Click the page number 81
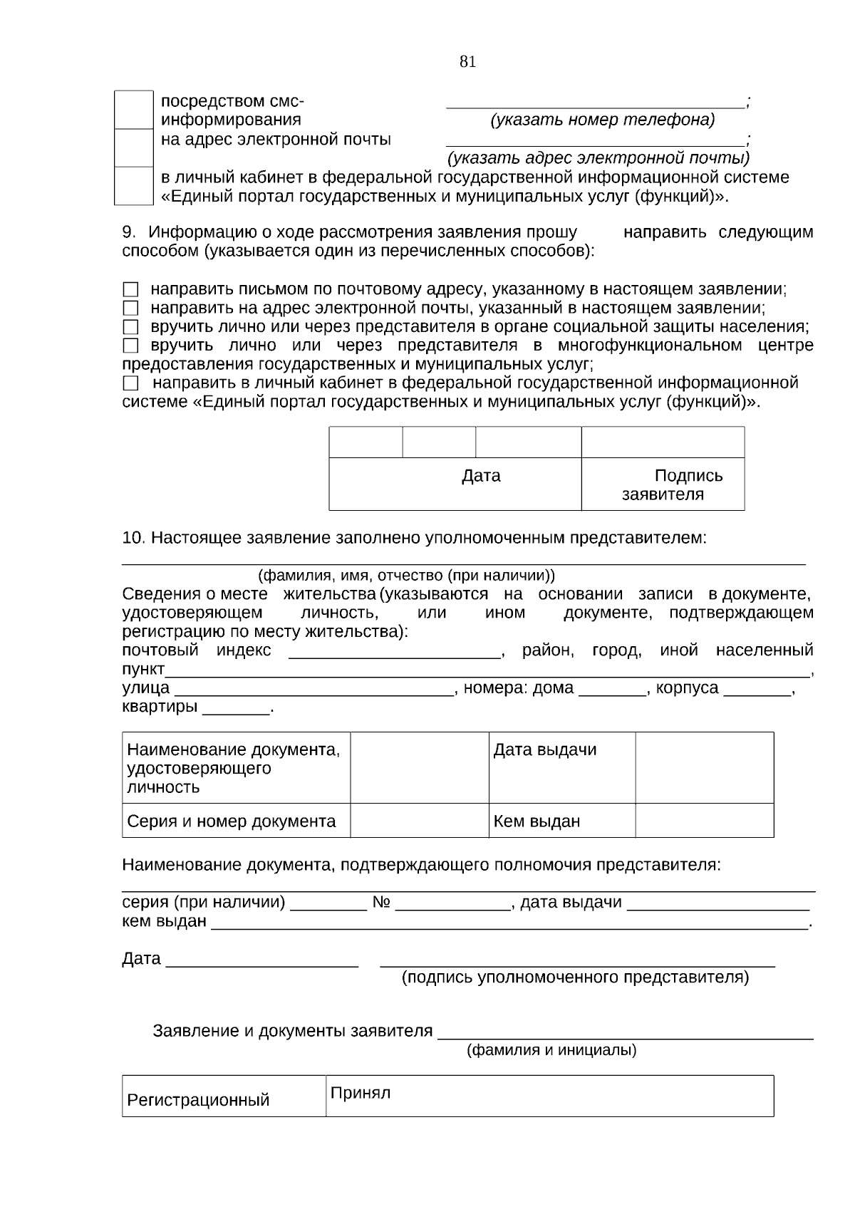coord(467,62)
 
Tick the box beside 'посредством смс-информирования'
coord(134,110)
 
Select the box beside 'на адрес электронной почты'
coord(134,147)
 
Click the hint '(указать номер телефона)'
coord(602,120)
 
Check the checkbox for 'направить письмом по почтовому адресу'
coord(130,290)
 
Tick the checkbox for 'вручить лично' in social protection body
coord(130,328)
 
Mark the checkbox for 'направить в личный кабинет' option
coord(130,384)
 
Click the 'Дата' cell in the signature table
coord(481,476)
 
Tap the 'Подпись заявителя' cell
coord(663,485)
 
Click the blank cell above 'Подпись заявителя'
coord(663,442)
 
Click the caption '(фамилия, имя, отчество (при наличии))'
coord(406,576)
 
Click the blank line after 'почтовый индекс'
coord(395,651)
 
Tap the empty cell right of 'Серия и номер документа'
coord(419,821)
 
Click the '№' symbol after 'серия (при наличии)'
coord(381,903)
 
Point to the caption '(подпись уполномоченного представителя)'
coord(576,977)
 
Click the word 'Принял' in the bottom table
coord(360,1094)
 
